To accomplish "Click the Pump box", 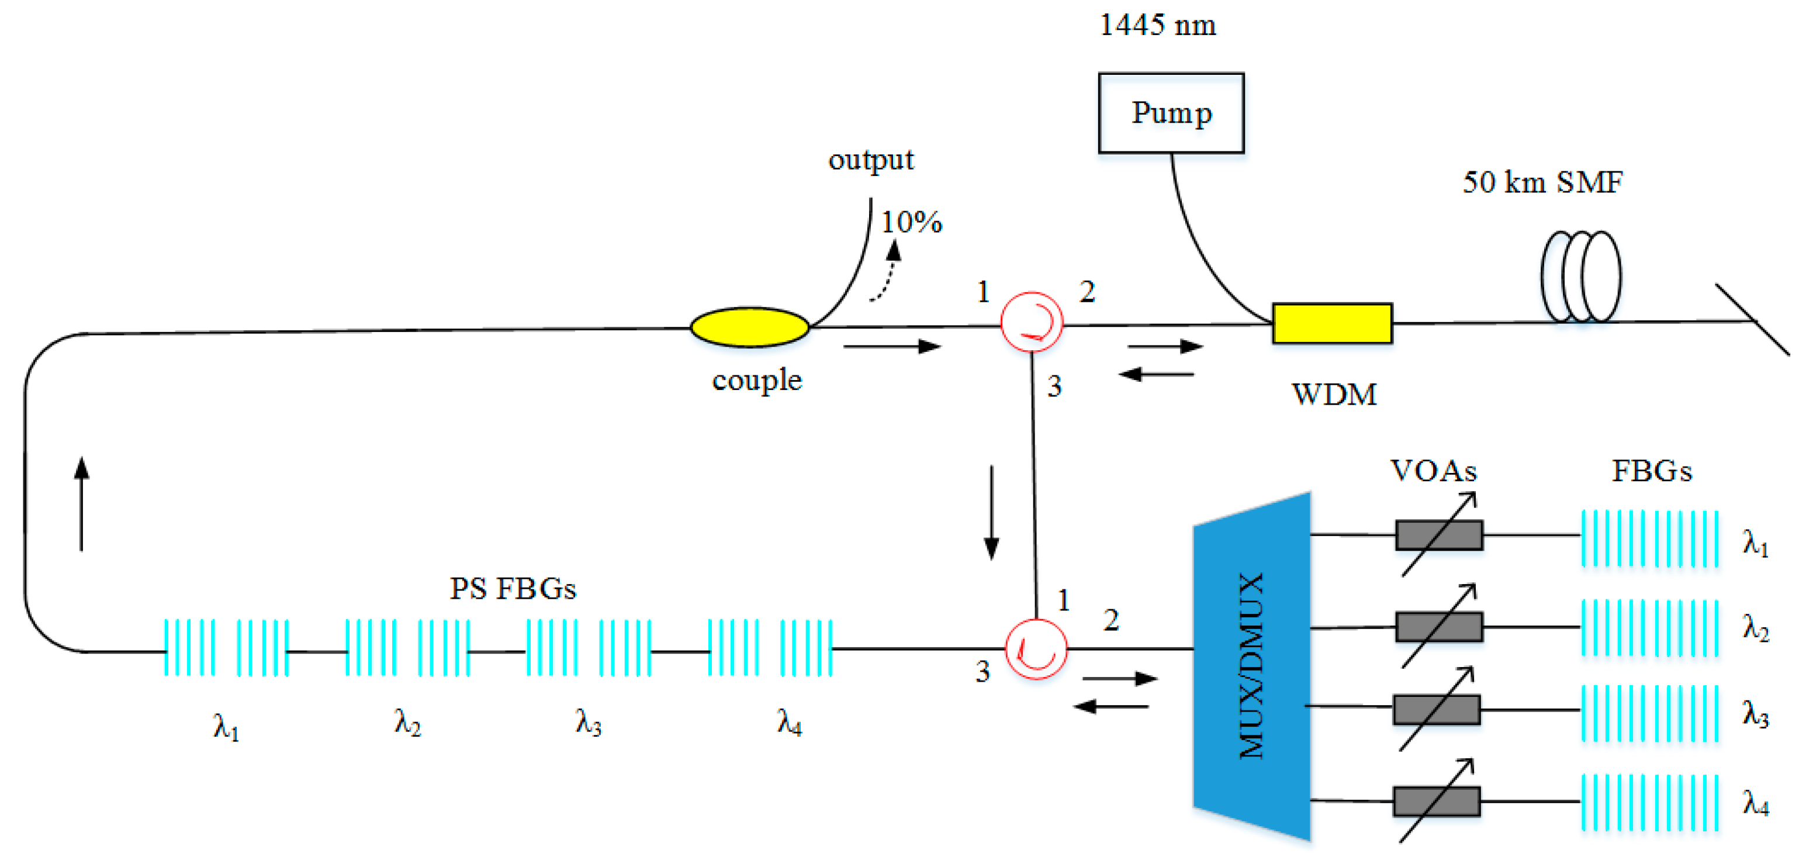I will [1171, 112].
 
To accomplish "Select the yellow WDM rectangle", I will [1331, 323].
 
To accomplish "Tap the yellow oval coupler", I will [749, 327].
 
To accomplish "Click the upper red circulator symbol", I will [1032, 322].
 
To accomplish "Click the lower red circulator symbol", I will [1036, 649].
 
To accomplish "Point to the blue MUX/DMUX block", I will [1252, 666].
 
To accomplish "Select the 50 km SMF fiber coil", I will [1580, 277].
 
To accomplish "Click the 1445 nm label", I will [1157, 25].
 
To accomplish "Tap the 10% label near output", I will [911, 222].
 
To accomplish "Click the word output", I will [871, 160].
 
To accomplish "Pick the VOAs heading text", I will [1433, 471].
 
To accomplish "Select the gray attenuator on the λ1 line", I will [1438, 535].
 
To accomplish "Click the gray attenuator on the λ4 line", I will [1436, 801].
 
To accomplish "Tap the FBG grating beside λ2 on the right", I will [1649, 628].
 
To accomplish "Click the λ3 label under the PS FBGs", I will [588, 722].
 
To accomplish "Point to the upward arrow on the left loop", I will [82, 503].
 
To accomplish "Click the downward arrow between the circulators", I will [991, 512].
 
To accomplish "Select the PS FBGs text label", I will [513, 589].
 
